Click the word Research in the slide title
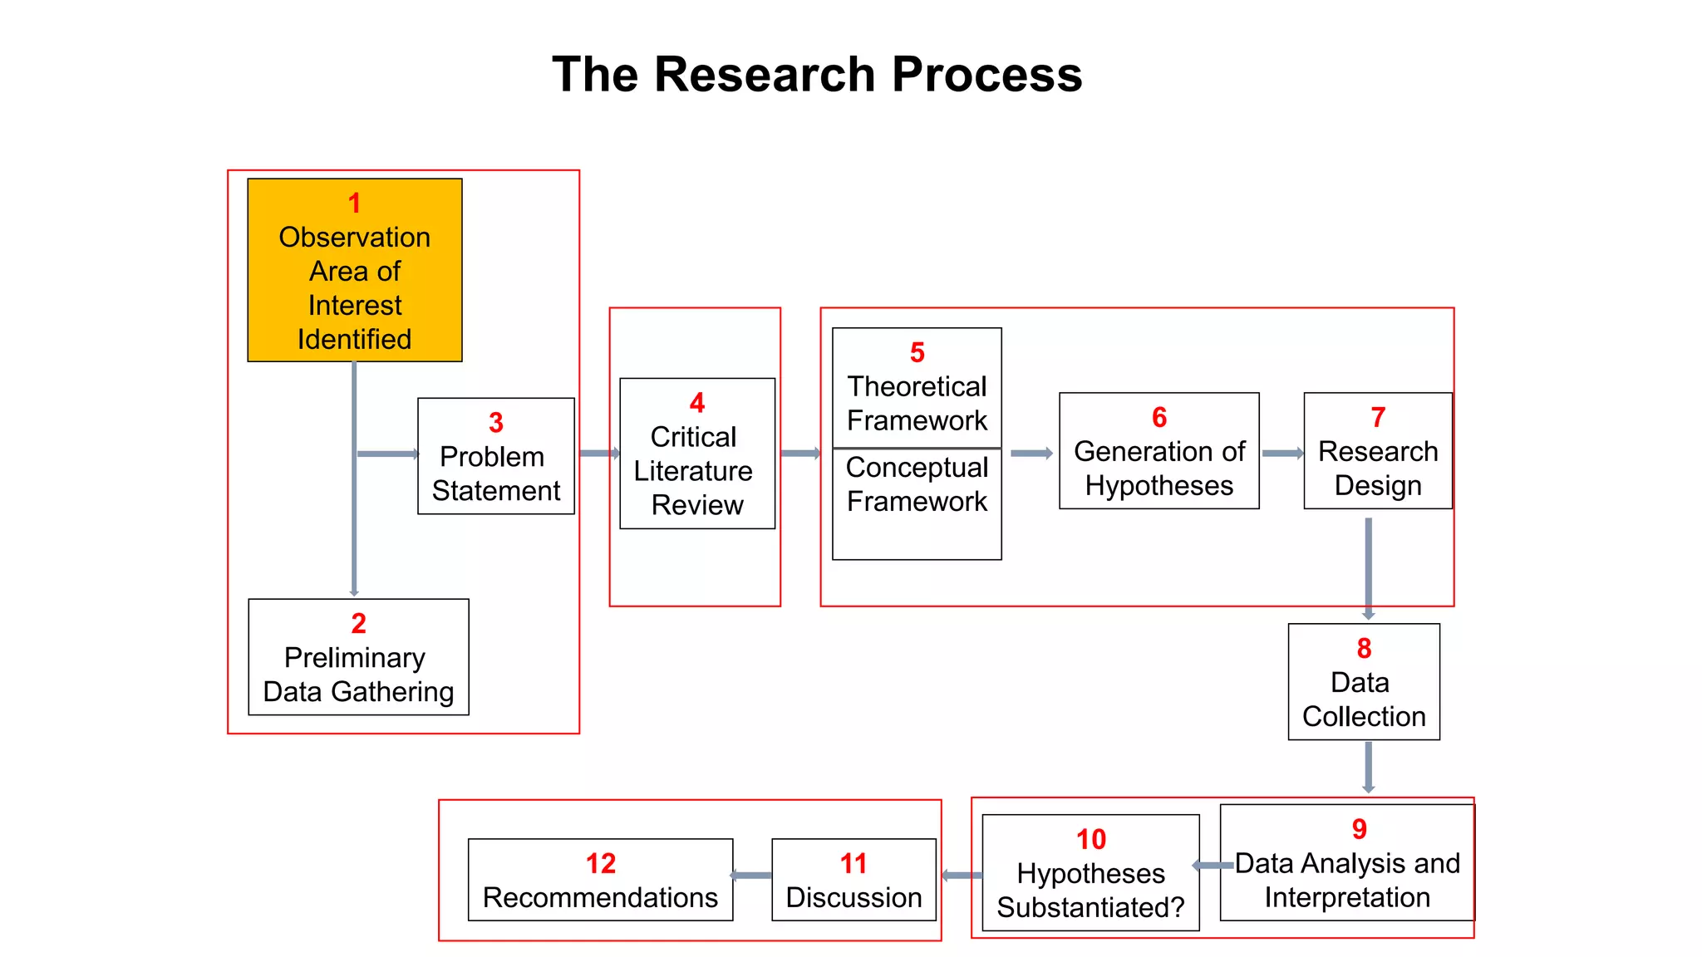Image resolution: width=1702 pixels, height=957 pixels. coord(765,75)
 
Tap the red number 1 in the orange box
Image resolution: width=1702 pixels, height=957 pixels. coord(355,204)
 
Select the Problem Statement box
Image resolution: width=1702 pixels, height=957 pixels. coord(496,456)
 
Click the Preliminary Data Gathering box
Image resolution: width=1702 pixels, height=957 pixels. coord(358,657)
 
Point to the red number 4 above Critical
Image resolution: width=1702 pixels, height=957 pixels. coord(697,404)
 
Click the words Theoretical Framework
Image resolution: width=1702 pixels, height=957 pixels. coord(917,404)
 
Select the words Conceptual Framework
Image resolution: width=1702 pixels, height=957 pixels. coord(917,484)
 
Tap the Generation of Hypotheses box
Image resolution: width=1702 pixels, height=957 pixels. coord(1158,451)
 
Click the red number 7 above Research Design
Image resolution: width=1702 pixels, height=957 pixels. coord(1378,417)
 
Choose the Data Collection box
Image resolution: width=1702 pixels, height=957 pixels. coord(1364,682)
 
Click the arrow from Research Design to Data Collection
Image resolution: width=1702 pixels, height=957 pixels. coord(1368,568)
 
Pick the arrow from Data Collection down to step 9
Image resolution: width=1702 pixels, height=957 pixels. coord(1368,767)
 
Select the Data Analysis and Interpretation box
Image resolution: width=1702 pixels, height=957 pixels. coord(1346,864)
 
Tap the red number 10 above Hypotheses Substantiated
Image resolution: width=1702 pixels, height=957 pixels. coord(1091,839)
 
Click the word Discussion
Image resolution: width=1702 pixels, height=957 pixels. coord(853,898)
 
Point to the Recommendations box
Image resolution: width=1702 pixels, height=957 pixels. coord(600,880)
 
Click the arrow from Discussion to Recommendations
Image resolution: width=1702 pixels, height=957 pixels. coord(752,876)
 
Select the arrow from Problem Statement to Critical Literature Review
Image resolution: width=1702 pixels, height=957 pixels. coord(599,454)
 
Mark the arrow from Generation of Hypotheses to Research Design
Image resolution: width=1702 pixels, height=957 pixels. coord(1282,454)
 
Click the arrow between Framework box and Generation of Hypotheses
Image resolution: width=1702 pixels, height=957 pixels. coord(1031,454)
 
